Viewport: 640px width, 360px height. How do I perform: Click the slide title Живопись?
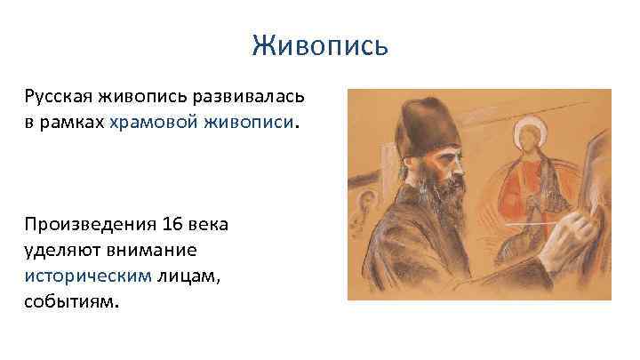319,44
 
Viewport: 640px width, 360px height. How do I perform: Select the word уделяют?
62,251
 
